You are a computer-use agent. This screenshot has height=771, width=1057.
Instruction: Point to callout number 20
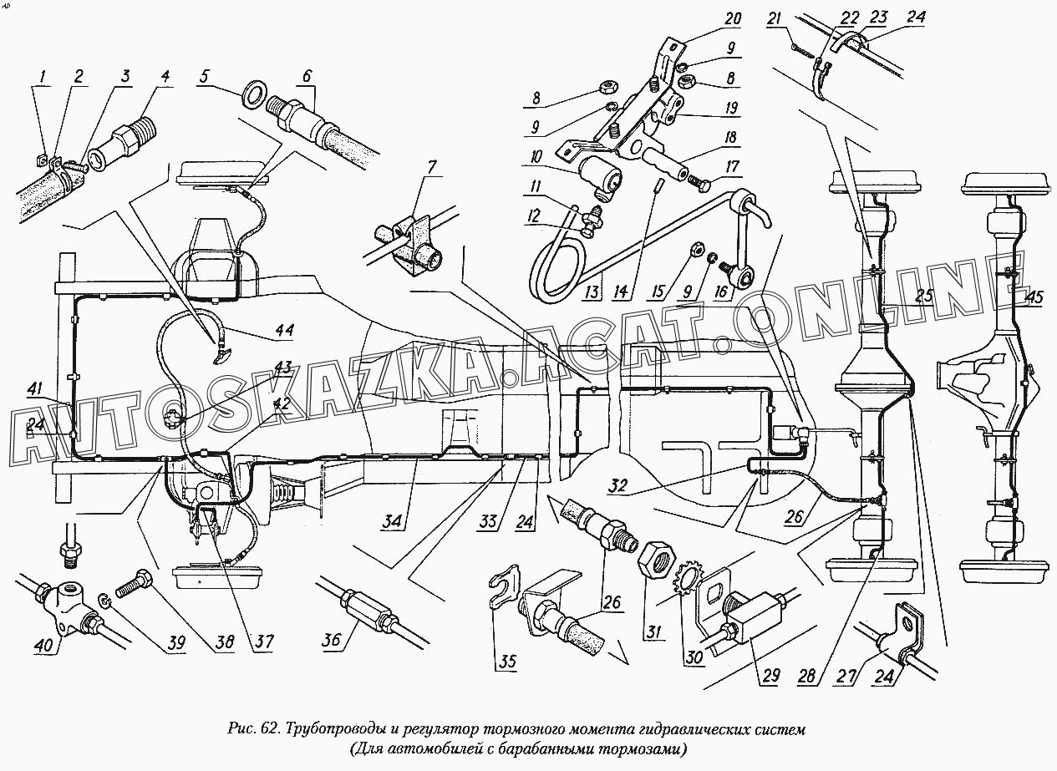click(x=733, y=18)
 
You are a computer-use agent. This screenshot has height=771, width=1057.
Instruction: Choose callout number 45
click(x=1034, y=297)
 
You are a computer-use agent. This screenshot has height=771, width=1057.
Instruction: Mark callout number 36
click(x=331, y=641)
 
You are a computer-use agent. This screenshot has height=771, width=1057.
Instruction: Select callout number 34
click(x=391, y=523)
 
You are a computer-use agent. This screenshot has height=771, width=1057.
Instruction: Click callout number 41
click(x=35, y=389)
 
